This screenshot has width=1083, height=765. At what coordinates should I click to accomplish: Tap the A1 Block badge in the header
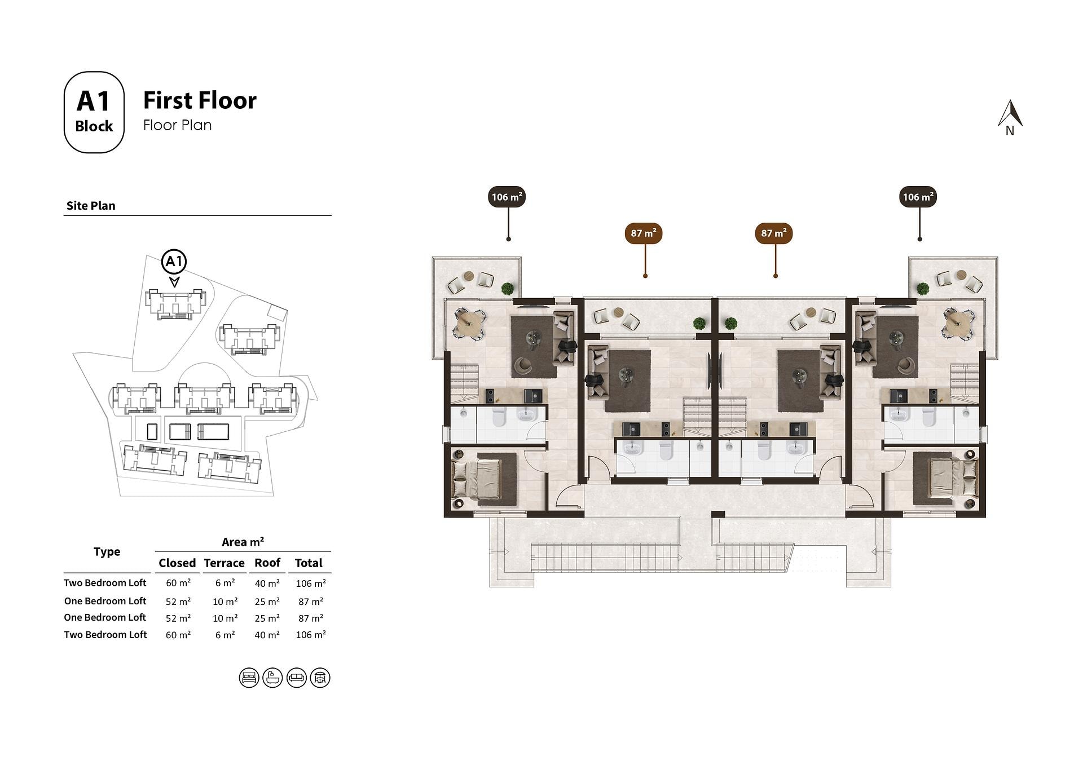tap(94, 112)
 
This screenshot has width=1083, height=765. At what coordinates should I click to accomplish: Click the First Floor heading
tap(200, 100)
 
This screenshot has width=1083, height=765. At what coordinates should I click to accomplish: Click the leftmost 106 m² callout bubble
tap(507, 197)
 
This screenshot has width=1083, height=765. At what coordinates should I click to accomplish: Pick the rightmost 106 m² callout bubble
tap(918, 197)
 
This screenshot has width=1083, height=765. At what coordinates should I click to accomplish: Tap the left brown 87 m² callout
tap(644, 233)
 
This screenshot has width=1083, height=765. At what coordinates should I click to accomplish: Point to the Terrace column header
tap(224, 563)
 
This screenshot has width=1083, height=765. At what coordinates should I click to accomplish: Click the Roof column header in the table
tap(267, 563)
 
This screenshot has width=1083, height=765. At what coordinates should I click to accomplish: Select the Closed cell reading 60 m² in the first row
tap(178, 583)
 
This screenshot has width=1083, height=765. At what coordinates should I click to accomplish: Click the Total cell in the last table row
tap(311, 635)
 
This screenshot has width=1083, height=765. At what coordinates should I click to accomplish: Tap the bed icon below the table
tap(249, 678)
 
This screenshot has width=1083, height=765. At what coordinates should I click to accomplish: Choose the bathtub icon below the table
tap(272, 678)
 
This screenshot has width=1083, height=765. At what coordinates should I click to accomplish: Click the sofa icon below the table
tap(297, 678)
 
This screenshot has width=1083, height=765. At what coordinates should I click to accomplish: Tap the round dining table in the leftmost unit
tap(469, 323)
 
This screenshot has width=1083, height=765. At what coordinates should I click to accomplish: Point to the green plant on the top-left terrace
tap(508, 289)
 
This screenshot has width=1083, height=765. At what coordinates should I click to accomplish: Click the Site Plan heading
tap(91, 206)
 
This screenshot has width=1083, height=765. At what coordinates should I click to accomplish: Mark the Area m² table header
tap(243, 542)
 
